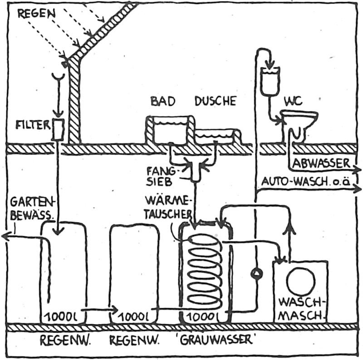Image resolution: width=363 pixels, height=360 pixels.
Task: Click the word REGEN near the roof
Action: [x=37, y=14]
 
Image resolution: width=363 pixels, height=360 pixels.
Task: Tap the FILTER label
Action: [x=33, y=125]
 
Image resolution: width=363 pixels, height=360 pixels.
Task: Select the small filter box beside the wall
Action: [x=58, y=129]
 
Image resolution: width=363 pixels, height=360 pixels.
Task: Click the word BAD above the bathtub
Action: [x=163, y=101]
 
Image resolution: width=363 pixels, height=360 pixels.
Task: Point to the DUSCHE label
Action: [x=216, y=101]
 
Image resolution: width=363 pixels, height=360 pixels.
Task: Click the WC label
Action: [x=293, y=101]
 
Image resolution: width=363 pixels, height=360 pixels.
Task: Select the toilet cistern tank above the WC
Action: [x=270, y=81]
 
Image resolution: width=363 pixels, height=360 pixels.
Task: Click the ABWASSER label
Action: [x=321, y=163]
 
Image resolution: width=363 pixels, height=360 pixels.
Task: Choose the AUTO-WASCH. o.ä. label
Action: [x=305, y=182]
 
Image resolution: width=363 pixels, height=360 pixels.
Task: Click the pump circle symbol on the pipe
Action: [x=256, y=273]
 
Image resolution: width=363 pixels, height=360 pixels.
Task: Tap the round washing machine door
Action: [x=301, y=281]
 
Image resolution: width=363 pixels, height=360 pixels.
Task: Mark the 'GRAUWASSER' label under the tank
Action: [x=216, y=340]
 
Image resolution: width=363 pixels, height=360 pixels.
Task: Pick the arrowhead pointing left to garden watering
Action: [x=6, y=237]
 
